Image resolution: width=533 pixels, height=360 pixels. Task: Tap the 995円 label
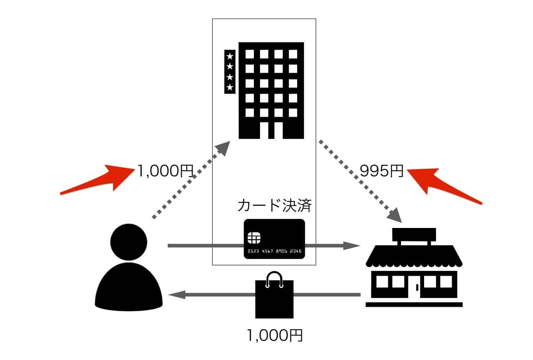point(382,171)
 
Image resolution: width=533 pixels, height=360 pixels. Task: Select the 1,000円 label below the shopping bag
point(274,335)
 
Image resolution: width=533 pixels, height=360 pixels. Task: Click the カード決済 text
point(274,206)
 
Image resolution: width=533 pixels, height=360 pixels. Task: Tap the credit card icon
point(274,239)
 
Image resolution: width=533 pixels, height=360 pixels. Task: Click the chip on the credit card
point(254,238)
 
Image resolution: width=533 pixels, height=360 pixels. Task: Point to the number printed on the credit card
point(274,251)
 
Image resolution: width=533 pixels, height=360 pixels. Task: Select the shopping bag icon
point(274,298)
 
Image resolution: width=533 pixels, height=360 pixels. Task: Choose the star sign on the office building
point(230,72)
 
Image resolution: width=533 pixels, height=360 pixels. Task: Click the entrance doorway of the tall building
point(271,131)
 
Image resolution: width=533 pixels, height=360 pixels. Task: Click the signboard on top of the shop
point(414,234)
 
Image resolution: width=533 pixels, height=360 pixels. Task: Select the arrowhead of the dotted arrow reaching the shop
point(395,215)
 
